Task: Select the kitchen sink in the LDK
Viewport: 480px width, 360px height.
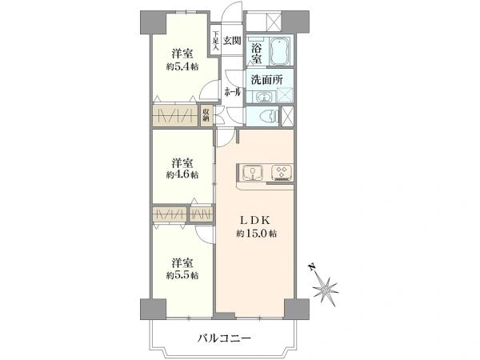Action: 250,172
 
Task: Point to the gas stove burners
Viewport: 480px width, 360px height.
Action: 282,172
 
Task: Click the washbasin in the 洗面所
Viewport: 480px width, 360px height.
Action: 262,97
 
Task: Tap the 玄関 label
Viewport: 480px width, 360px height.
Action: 231,41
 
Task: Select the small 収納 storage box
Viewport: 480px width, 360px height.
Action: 206,116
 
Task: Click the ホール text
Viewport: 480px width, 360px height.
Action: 231,92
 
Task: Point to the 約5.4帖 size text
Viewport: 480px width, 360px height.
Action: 182,67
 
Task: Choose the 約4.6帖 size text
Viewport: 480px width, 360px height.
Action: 182,174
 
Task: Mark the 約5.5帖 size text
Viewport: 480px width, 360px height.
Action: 182,274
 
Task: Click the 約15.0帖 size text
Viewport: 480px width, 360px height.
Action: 256,234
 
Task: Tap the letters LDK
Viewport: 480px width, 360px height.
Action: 256,219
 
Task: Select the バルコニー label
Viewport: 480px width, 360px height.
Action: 225,339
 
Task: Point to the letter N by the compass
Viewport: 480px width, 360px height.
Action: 312,266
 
